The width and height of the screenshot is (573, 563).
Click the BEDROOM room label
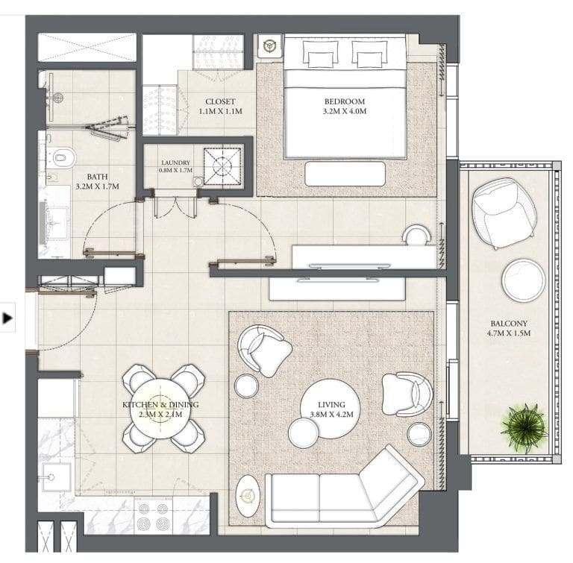point(344,101)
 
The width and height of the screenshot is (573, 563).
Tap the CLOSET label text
point(221,102)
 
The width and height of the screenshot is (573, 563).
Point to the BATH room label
point(97,177)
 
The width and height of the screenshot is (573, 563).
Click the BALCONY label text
point(510,324)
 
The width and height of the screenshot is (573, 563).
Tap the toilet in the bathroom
point(63,157)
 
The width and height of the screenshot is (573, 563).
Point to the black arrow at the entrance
point(8,318)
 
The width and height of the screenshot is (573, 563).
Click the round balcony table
point(523,279)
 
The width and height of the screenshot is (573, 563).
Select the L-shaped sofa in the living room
point(343,491)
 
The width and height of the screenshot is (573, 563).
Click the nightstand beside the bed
point(269,46)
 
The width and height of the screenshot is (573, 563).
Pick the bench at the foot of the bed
point(345,174)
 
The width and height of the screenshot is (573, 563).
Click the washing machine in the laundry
point(222,163)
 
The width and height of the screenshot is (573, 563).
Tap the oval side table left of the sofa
point(249,499)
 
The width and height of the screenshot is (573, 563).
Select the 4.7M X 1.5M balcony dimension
point(510,333)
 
